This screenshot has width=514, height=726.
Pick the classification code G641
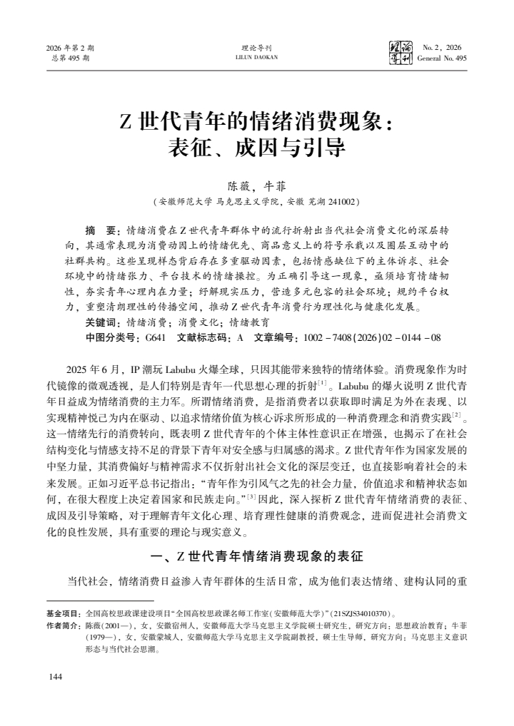pyautogui.click(x=154, y=337)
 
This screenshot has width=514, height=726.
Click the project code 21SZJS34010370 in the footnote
pyautogui.click(x=357, y=613)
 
